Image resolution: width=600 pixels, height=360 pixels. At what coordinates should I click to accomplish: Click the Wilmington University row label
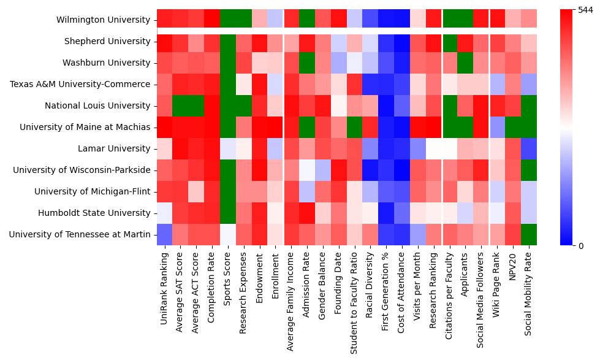[x=103, y=20]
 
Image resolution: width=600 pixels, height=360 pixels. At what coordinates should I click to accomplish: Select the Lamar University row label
[x=114, y=148]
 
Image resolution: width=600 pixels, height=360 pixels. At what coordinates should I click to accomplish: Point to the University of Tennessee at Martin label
[x=80, y=234]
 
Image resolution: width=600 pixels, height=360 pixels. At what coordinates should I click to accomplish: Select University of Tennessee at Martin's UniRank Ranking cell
[x=165, y=234]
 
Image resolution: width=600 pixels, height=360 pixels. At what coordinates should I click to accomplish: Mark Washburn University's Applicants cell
[x=465, y=63]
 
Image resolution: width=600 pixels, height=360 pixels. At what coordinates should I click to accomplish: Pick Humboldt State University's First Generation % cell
[x=386, y=213]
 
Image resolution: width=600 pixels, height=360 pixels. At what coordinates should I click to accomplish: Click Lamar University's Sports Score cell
[x=228, y=148]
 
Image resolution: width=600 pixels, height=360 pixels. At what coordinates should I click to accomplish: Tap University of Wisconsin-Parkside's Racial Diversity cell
[x=370, y=170]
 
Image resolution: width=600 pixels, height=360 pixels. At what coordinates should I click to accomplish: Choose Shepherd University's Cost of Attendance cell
[x=402, y=41]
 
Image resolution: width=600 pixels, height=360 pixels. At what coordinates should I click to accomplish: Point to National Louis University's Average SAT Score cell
[x=180, y=105]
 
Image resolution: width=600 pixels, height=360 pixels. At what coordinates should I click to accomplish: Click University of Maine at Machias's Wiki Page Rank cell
[x=497, y=127]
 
